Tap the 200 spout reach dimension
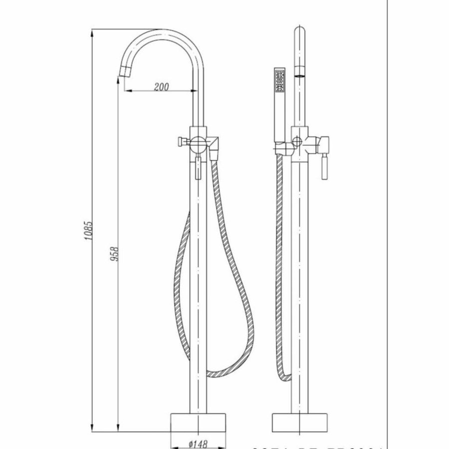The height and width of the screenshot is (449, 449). (x=161, y=87)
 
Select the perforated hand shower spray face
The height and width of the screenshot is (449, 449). (x=279, y=81)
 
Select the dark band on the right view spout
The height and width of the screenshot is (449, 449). (x=300, y=75)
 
